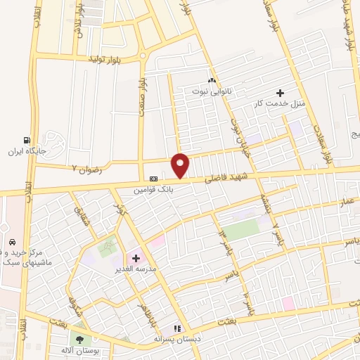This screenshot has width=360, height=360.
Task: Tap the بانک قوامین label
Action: tap(154, 189)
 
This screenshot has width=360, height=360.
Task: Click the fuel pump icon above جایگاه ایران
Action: tap(27, 140)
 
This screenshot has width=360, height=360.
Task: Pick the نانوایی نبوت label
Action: tap(212, 91)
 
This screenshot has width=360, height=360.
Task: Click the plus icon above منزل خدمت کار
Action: tap(280, 92)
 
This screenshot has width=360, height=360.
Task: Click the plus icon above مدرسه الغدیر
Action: tap(136, 258)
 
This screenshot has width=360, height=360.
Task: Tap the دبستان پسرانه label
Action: tap(178, 338)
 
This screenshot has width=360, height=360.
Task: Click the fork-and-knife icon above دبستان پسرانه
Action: tap(178, 327)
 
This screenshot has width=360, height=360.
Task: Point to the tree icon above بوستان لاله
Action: tap(78, 337)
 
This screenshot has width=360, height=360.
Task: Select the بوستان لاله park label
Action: tap(77, 349)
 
